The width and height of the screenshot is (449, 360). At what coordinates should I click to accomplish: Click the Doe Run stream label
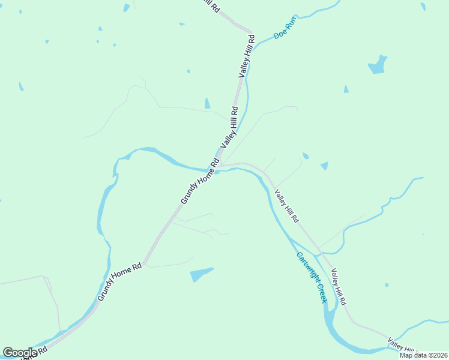(x=285, y=28)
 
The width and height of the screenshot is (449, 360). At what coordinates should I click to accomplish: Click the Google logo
(x=20, y=353)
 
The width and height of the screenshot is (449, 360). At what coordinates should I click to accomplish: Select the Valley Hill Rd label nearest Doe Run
(x=247, y=56)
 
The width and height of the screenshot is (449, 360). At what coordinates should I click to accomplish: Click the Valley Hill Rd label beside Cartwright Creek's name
(x=339, y=286)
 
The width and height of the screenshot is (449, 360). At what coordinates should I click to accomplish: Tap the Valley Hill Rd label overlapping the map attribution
(x=403, y=346)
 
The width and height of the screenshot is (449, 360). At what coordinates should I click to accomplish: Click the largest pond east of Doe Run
(x=377, y=65)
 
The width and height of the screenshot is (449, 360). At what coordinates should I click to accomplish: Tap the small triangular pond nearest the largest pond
(x=346, y=89)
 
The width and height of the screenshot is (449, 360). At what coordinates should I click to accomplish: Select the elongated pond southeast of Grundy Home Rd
(x=201, y=274)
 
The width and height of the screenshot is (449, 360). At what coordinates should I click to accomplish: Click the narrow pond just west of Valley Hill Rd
(x=207, y=103)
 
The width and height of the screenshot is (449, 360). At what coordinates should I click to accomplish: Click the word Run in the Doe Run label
(x=291, y=23)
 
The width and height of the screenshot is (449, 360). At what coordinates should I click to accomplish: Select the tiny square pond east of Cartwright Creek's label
(x=387, y=285)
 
